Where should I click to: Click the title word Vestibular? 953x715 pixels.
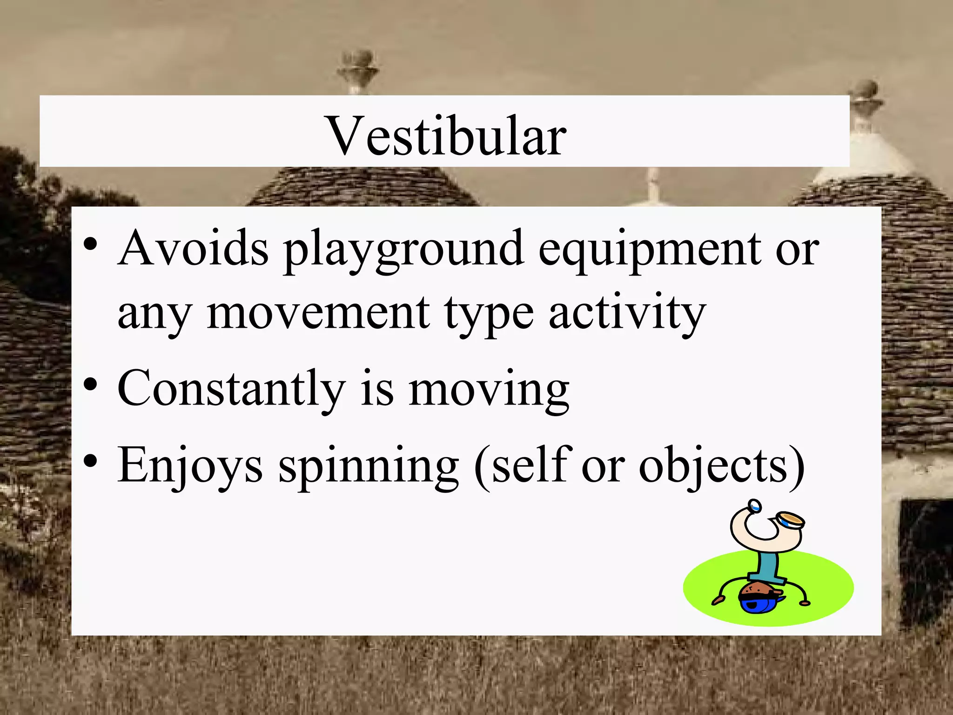pos(447,135)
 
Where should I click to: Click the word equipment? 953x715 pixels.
pos(650,251)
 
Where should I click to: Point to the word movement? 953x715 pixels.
pos(318,313)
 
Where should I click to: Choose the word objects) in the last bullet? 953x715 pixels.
pos(721,467)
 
